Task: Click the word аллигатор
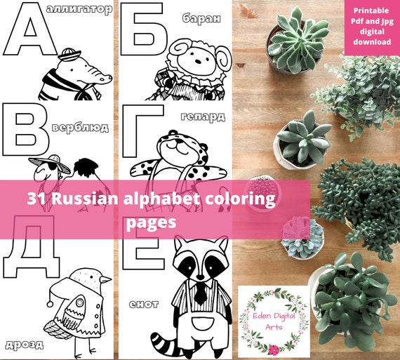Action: (x=88, y=10)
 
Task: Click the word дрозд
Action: (x=24, y=344)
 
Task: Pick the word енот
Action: (x=144, y=304)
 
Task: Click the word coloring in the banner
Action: (x=239, y=199)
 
